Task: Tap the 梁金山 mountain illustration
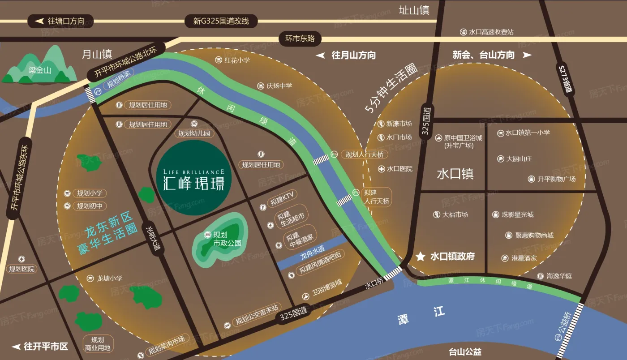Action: [39, 67]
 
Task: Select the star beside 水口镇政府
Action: [421, 257]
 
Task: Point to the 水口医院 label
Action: [399, 169]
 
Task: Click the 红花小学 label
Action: [237, 60]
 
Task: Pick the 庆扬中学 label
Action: [279, 86]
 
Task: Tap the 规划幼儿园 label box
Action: [193, 133]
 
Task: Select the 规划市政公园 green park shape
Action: [219, 240]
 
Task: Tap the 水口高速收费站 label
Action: [491, 32]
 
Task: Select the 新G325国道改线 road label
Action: [221, 21]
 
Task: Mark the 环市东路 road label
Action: [300, 39]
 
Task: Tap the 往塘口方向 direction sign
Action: [62, 21]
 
